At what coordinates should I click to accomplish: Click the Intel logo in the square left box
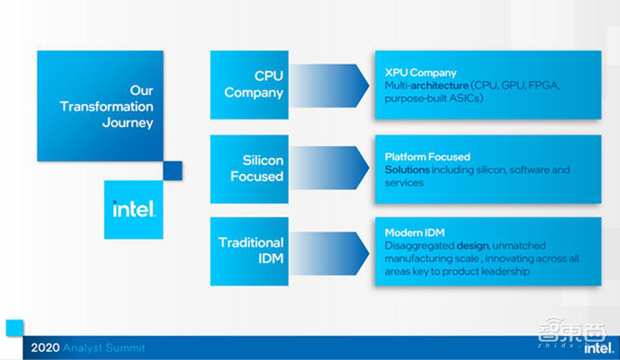pyautogui.click(x=134, y=209)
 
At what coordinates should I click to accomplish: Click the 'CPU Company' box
pyautogui.click(x=249, y=84)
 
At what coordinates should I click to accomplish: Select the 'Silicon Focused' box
pyautogui.click(x=249, y=169)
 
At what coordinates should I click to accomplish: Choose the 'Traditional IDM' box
pyautogui.click(x=249, y=250)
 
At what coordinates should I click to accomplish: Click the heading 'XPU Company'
pyautogui.click(x=420, y=72)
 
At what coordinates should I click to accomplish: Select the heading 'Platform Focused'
pyautogui.click(x=427, y=157)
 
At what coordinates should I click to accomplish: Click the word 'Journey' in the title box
pyautogui.click(x=128, y=123)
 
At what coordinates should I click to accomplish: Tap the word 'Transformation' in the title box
pyautogui.click(x=107, y=107)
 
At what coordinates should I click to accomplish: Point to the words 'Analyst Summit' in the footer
pyautogui.click(x=104, y=348)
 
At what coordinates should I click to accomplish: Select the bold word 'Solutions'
pyautogui.click(x=407, y=170)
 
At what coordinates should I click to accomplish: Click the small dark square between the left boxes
pyautogui.click(x=172, y=170)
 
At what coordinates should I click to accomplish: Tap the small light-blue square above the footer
pyautogui.click(x=14, y=328)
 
